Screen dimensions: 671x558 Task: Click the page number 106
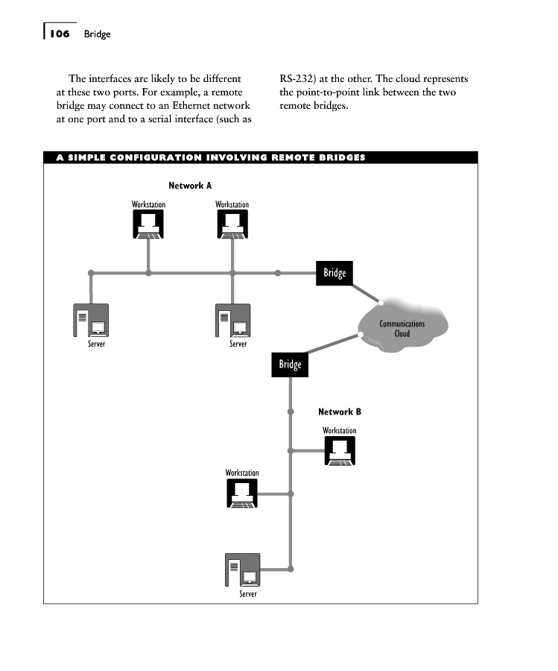pyautogui.click(x=60, y=34)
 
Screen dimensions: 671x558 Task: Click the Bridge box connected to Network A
pyautogui.click(x=335, y=274)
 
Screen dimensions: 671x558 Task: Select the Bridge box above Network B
pyautogui.click(x=290, y=365)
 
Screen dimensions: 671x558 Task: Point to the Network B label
pyautogui.click(x=339, y=412)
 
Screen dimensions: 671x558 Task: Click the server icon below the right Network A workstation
pyautogui.click(x=232, y=321)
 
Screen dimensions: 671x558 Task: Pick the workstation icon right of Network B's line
pyautogui.click(x=340, y=450)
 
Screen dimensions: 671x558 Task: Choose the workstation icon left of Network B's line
pyautogui.click(x=242, y=493)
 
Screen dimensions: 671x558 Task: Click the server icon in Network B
pyautogui.click(x=242, y=570)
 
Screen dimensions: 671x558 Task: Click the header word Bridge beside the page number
pyautogui.click(x=97, y=34)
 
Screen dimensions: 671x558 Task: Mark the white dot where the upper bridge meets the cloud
pyautogui.click(x=381, y=302)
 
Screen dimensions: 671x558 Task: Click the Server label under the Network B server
pyautogui.click(x=248, y=594)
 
